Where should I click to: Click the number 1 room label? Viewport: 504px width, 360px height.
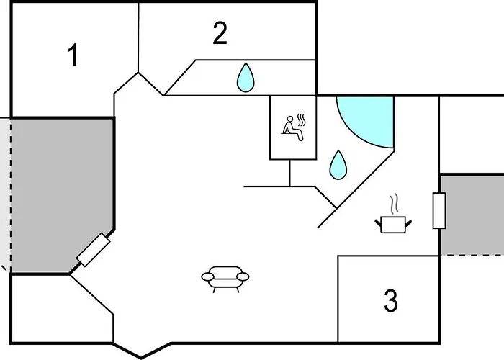72,55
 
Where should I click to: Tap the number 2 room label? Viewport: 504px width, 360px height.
220,32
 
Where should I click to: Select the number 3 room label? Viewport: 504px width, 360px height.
390,301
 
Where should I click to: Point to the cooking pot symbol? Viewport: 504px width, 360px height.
393,224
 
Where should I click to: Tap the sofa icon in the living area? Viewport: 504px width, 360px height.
225,277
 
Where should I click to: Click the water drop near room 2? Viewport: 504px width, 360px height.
246,77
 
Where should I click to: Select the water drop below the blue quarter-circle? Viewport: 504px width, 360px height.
338,165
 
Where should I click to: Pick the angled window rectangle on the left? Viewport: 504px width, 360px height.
93,251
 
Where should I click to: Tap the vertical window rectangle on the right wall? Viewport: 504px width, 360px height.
438,211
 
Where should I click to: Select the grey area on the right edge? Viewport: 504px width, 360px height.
473,214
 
